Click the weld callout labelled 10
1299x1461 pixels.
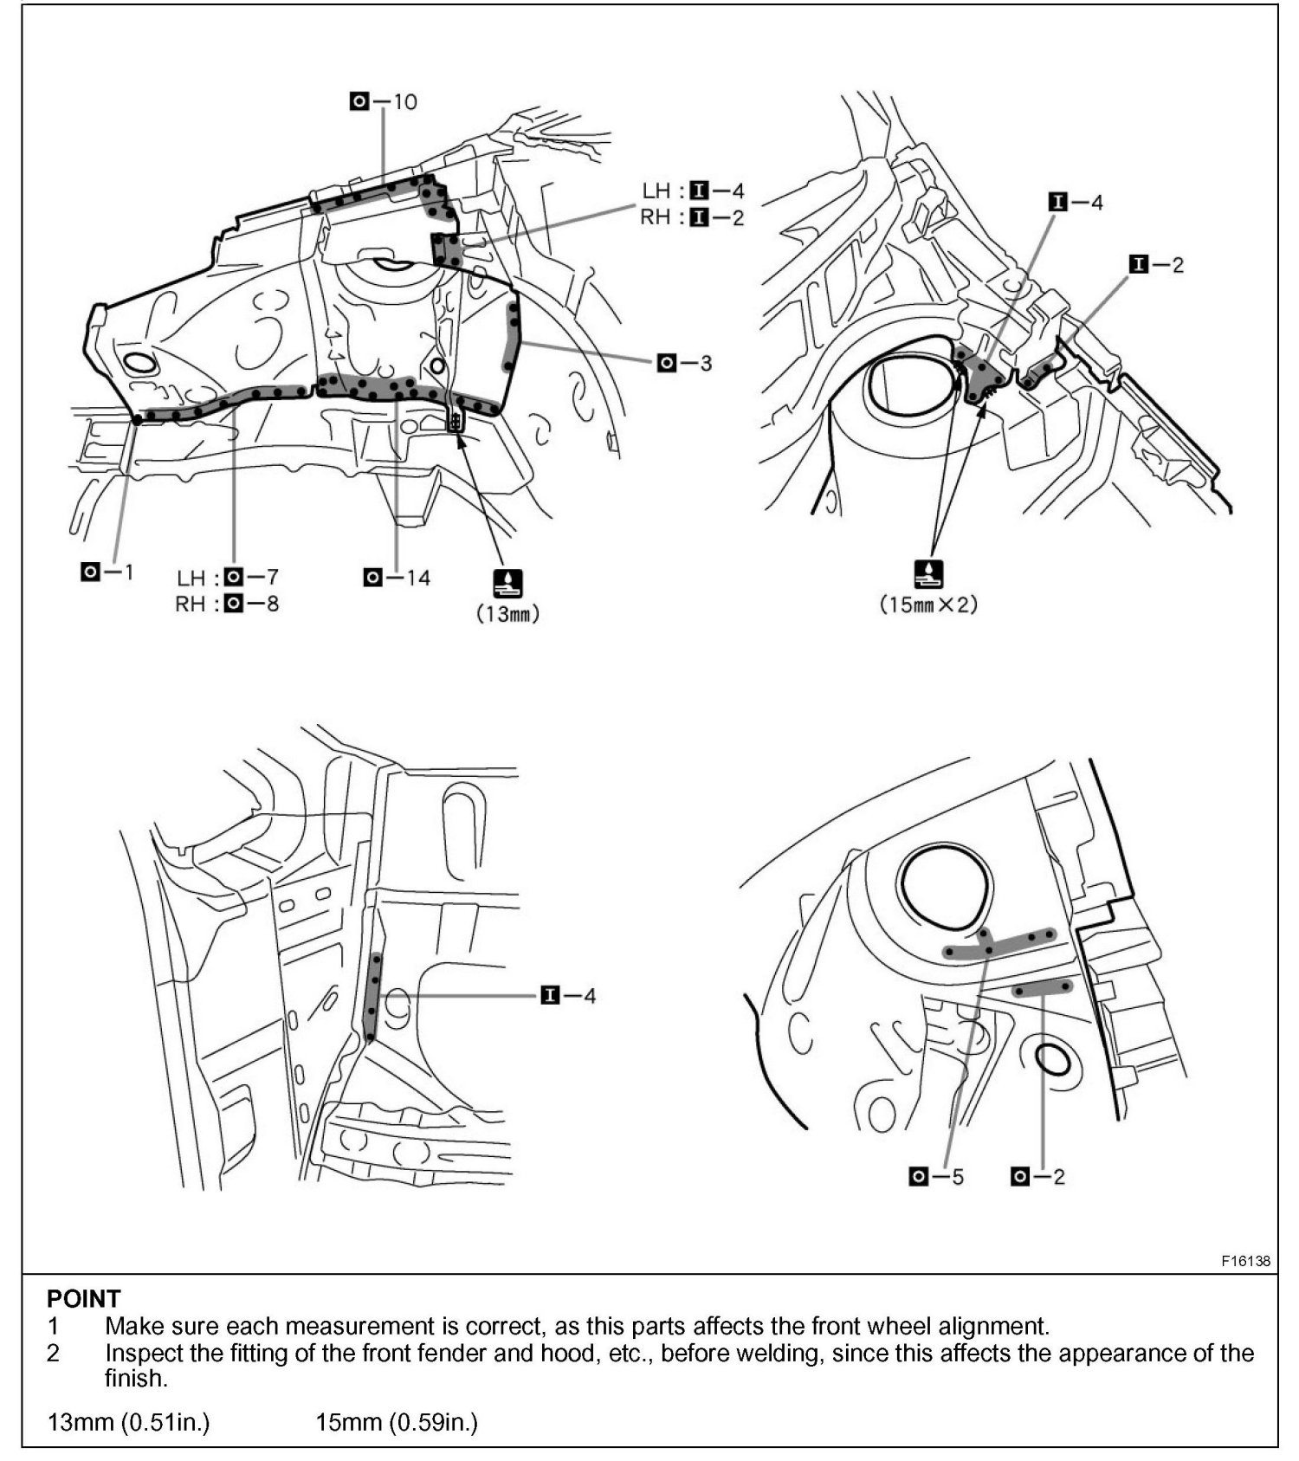click(x=384, y=101)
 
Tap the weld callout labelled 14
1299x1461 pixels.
click(x=397, y=577)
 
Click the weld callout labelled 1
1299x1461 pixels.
click(x=107, y=572)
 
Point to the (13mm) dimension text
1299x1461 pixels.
click(x=507, y=614)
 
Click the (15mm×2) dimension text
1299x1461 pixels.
click(x=928, y=604)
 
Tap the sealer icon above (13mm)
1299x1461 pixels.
click(x=507, y=583)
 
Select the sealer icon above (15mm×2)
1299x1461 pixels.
click(x=928, y=573)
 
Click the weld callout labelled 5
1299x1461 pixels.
click(x=936, y=1176)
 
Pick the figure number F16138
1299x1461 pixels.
click(x=1246, y=1261)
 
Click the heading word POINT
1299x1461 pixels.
click(x=84, y=1299)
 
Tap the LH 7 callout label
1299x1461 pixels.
click(x=228, y=577)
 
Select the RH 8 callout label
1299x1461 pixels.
click(x=228, y=604)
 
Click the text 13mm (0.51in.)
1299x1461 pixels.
click(x=129, y=1422)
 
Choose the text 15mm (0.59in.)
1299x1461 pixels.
click(x=397, y=1422)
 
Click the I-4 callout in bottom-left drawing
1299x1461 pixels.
click(x=568, y=995)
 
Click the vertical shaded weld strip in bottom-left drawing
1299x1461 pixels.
click(x=374, y=996)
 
